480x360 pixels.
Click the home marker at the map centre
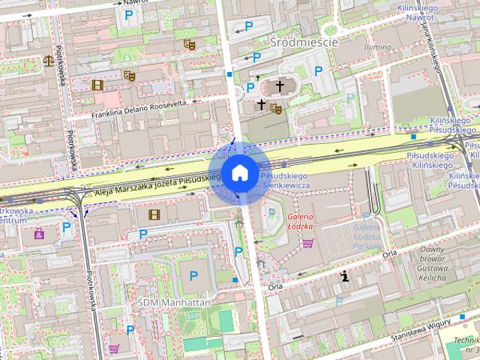(238, 173)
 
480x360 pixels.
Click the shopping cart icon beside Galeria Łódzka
(307, 242)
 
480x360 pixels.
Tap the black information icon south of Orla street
(344, 276)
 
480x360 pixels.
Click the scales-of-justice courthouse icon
(49, 59)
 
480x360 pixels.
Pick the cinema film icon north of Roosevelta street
(97, 85)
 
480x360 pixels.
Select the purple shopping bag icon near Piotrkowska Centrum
(38, 234)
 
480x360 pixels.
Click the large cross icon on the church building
(280, 86)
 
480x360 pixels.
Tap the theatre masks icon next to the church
(275, 108)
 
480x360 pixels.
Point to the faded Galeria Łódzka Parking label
(367, 234)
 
